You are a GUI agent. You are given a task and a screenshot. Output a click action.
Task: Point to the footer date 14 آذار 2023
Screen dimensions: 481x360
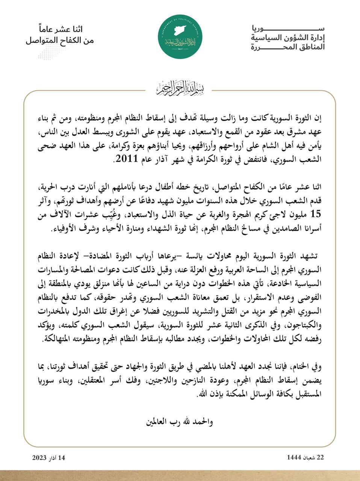[x=49, y=457]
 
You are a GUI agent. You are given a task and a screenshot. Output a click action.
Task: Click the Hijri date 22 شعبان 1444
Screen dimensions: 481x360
[x=305, y=457]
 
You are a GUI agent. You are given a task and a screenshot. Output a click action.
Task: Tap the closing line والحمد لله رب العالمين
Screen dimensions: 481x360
[x=180, y=421]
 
